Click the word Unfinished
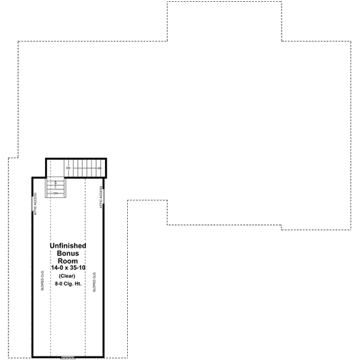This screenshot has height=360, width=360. (68, 246)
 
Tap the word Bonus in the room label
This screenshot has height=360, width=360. (68, 253)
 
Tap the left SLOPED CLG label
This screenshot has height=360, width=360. (42, 280)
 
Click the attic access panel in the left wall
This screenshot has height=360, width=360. (32, 203)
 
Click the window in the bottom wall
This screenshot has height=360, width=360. (68, 358)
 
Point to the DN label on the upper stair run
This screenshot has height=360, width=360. (68, 168)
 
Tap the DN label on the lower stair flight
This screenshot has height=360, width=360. (55, 193)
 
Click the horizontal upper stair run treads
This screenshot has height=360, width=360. (84, 168)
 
